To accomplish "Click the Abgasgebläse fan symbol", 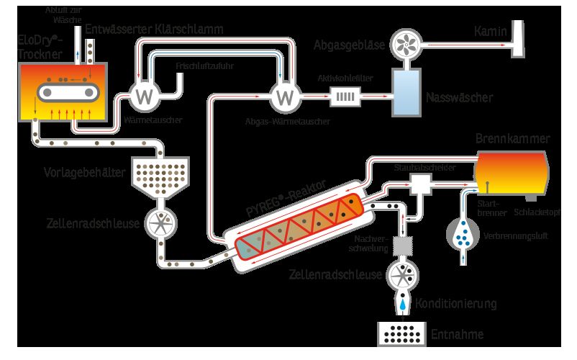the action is tap(406, 45).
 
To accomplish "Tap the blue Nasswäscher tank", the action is tap(406, 93).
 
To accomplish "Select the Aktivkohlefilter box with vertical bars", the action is tap(345, 96).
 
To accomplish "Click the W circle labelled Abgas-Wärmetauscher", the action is tap(286, 96).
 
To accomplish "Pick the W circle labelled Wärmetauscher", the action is tap(144, 96).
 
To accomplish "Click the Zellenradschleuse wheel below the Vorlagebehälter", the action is tap(160, 223).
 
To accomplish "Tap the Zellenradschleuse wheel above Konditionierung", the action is tap(403, 275).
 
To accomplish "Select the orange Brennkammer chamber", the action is tap(512, 173).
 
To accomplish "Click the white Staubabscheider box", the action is tap(421, 184).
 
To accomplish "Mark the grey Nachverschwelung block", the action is tap(403, 246).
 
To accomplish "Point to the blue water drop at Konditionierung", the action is tap(403, 305).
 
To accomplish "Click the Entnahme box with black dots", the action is tap(402, 334).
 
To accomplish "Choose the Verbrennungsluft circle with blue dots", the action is tap(463, 234).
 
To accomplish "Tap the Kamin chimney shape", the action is tap(519, 39).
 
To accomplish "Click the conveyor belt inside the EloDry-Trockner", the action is tap(68, 92).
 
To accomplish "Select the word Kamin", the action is tap(490, 31).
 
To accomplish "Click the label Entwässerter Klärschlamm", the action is tap(154, 30).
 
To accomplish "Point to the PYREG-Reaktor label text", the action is tap(286, 198).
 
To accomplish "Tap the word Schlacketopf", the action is tap(537, 212).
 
